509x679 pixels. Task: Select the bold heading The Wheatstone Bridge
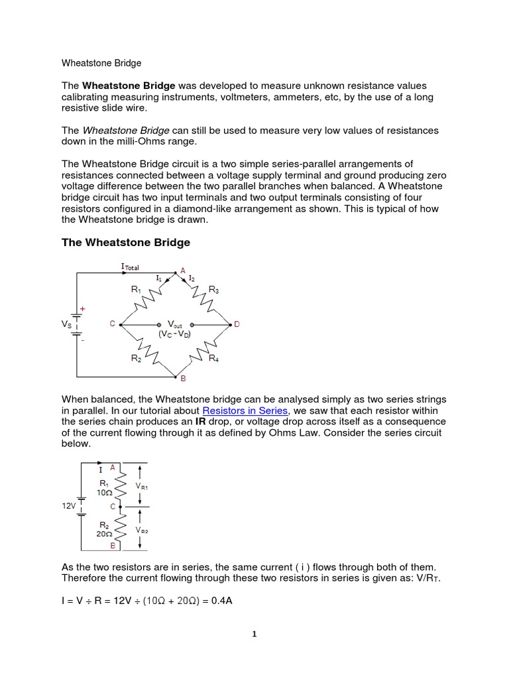click(126, 243)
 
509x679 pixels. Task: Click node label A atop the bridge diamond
click(174, 271)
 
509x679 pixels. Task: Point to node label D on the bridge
click(237, 324)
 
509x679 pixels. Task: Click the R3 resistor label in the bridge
click(213, 289)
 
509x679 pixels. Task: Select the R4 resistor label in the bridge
click(213, 359)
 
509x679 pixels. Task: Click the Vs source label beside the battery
click(67, 324)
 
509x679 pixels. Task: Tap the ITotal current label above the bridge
click(131, 267)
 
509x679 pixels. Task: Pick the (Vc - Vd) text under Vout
click(175, 334)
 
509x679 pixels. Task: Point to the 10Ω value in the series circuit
click(105, 493)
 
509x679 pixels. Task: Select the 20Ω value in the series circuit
click(104, 532)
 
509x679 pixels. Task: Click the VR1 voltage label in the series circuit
click(142, 486)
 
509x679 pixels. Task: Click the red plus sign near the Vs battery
click(84, 309)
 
